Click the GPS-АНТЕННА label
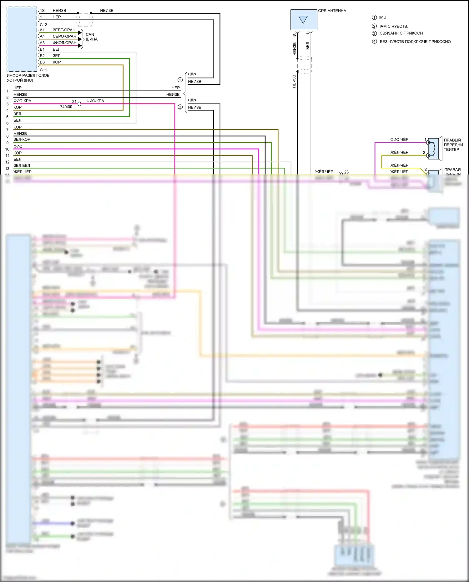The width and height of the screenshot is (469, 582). point(332,11)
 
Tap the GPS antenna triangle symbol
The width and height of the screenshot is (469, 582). point(303,20)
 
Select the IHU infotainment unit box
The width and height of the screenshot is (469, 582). point(22,39)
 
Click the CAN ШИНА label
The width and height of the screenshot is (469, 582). point(91,37)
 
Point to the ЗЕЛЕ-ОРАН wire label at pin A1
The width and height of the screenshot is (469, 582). point(64,30)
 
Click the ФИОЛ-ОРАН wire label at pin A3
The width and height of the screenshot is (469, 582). point(64,43)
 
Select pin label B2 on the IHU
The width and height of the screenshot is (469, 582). point(42,56)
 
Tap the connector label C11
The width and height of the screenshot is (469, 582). point(43,70)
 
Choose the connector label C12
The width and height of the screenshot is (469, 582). point(43,25)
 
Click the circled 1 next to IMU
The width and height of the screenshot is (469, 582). point(374,18)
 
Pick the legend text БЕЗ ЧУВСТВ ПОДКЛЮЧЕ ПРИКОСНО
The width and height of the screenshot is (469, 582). point(415,42)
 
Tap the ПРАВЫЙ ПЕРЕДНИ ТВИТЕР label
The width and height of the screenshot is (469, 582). point(453,145)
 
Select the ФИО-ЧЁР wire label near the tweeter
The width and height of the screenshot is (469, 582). point(399,139)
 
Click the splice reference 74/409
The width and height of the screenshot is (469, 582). point(66,107)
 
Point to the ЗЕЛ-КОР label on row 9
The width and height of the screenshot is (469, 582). point(22,139)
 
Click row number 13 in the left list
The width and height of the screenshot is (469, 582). point(7,169)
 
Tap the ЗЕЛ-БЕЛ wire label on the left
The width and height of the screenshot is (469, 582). point(22,165)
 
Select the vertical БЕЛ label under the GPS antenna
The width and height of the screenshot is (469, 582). point(307,46)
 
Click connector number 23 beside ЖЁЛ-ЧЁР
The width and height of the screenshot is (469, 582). point(346,172)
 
